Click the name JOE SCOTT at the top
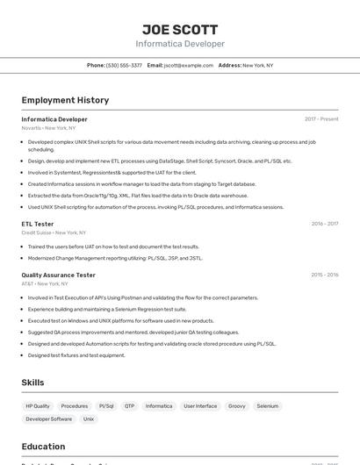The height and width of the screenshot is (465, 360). [179, 29]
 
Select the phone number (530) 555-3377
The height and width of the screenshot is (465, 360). [124, 65]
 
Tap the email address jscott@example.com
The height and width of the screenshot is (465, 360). [189, 65]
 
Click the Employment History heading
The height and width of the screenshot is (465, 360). [65, 100]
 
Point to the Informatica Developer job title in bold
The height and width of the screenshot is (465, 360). [54, 118]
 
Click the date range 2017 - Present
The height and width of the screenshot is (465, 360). [321, 118]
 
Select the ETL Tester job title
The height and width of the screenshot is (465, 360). [38, 224]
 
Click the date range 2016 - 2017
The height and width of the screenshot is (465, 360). [325, 224]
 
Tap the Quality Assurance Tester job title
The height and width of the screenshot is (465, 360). [59, 275]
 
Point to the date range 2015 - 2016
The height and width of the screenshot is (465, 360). [325, 275]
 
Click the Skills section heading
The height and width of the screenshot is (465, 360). [32, 383]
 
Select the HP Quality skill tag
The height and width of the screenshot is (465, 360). [38, 406]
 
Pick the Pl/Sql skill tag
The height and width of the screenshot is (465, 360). [106, 406]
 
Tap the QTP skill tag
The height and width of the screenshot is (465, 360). [130, 406]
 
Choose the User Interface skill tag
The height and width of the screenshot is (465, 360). [200, 406]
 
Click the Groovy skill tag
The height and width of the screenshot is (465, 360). [237, 406]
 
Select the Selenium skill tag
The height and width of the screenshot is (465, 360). [268, 406]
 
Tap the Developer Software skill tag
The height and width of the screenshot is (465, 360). [49, 419]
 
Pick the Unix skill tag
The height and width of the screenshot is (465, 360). [89, 419]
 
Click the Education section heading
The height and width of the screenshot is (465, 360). [43, 447]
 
